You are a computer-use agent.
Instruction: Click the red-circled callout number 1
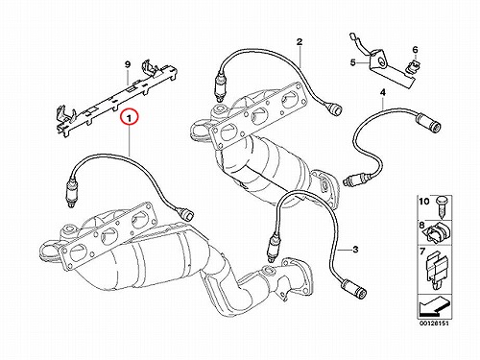point(129,119)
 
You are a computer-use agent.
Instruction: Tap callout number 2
point(300,42)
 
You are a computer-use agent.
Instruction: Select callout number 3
point(355,250)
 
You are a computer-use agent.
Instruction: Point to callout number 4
point(383,92)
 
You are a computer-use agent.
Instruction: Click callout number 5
point(353,62)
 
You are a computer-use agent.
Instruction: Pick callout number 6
point(415,50)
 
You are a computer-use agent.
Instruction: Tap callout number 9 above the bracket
point(128,64)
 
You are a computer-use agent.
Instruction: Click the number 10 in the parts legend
point(424,202)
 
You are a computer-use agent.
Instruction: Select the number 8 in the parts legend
point(422,226)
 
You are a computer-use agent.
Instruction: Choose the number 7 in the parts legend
point(422,252)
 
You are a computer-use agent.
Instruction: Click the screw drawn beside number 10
point(441,207)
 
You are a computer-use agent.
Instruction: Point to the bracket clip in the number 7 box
point(437,269)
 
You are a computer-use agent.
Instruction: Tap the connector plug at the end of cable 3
point(354,288)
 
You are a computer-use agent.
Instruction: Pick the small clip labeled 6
point(412,66)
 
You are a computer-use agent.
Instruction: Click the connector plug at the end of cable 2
point(333,108)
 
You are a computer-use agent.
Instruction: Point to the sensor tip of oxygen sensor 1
point(70,205)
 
